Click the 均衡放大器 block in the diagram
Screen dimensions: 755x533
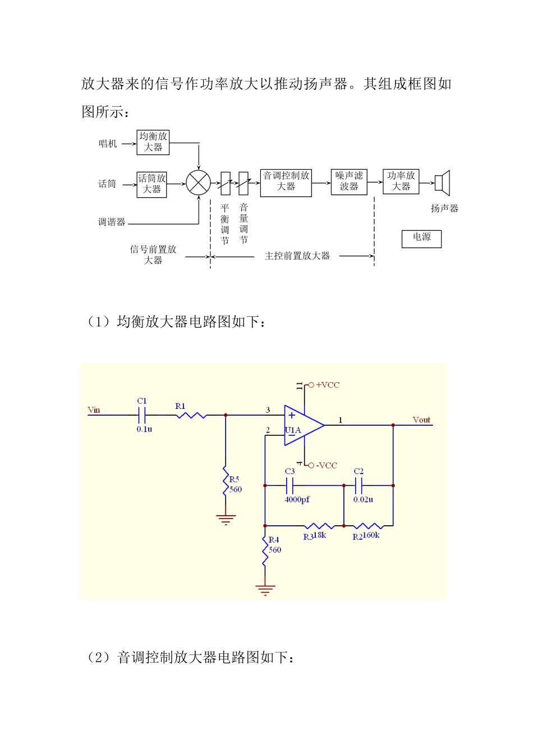[153, 142]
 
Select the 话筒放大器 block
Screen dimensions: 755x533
[152, 184]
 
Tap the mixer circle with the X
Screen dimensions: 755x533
[198, 183]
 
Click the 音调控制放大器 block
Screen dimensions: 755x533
[286, 183]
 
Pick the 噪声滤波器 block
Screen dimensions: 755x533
[349, 182]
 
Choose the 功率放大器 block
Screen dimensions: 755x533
[401, 181]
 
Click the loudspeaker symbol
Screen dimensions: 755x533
[443, 183]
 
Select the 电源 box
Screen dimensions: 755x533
[422, 238]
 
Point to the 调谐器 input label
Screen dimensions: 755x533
[112, 222]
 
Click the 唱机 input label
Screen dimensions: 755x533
[108, 144]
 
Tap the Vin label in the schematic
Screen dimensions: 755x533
[94, 410]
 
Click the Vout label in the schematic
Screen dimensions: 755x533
[421, 420]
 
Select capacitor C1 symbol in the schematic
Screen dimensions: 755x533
[143, 415]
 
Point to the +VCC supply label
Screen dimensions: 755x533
[328, 385]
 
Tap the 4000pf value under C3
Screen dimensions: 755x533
[297, 499]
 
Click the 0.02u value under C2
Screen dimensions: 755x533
[363, 499]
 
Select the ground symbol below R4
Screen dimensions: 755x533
[265, 590]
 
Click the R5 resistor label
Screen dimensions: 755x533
[235, 479]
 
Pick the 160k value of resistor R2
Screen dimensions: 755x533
[371, 535]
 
